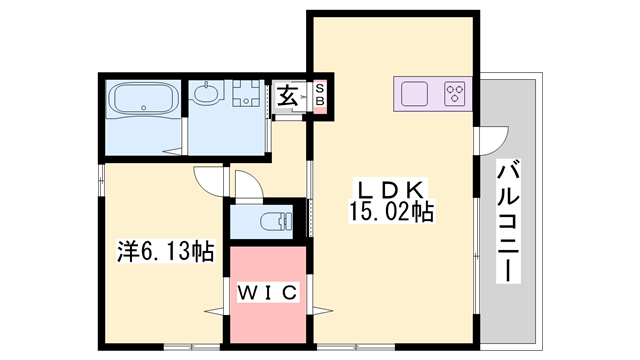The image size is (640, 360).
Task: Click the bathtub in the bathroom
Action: coord(143,101)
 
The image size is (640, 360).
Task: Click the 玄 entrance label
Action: coord(287,97)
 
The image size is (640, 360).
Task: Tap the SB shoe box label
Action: coord(319,97)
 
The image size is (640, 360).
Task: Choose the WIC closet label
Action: coord(267,292)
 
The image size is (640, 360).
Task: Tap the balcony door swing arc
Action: coord(492,142)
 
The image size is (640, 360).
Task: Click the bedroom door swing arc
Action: coord(211,181)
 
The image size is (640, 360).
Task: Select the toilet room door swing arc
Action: coord(248,189)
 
